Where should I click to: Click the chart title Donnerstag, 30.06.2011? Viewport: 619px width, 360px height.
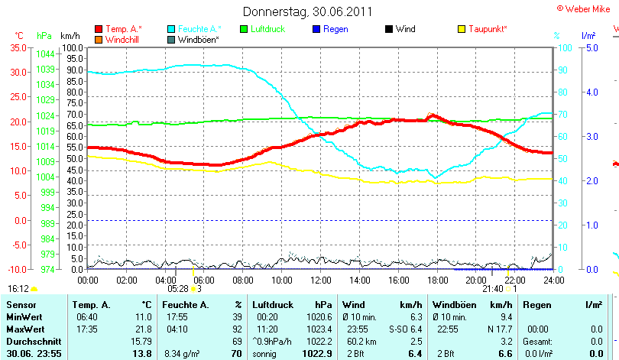(x=307, y=11)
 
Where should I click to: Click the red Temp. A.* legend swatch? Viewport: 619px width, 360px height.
(x=99, y=29)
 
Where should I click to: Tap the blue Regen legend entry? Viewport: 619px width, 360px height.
(x=335, y=29)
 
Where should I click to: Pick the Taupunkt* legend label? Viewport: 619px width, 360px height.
(x=488, y=29)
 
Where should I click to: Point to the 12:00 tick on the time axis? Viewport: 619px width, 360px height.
(x=321, y=280)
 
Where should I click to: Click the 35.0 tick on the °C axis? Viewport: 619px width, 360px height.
(x=18, y=47)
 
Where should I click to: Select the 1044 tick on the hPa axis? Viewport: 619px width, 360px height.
(x=45, y=54)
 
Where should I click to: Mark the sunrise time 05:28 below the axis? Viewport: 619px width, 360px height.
(x=178, y=289)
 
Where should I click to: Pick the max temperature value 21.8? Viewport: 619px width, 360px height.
(x=143, y=328)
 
